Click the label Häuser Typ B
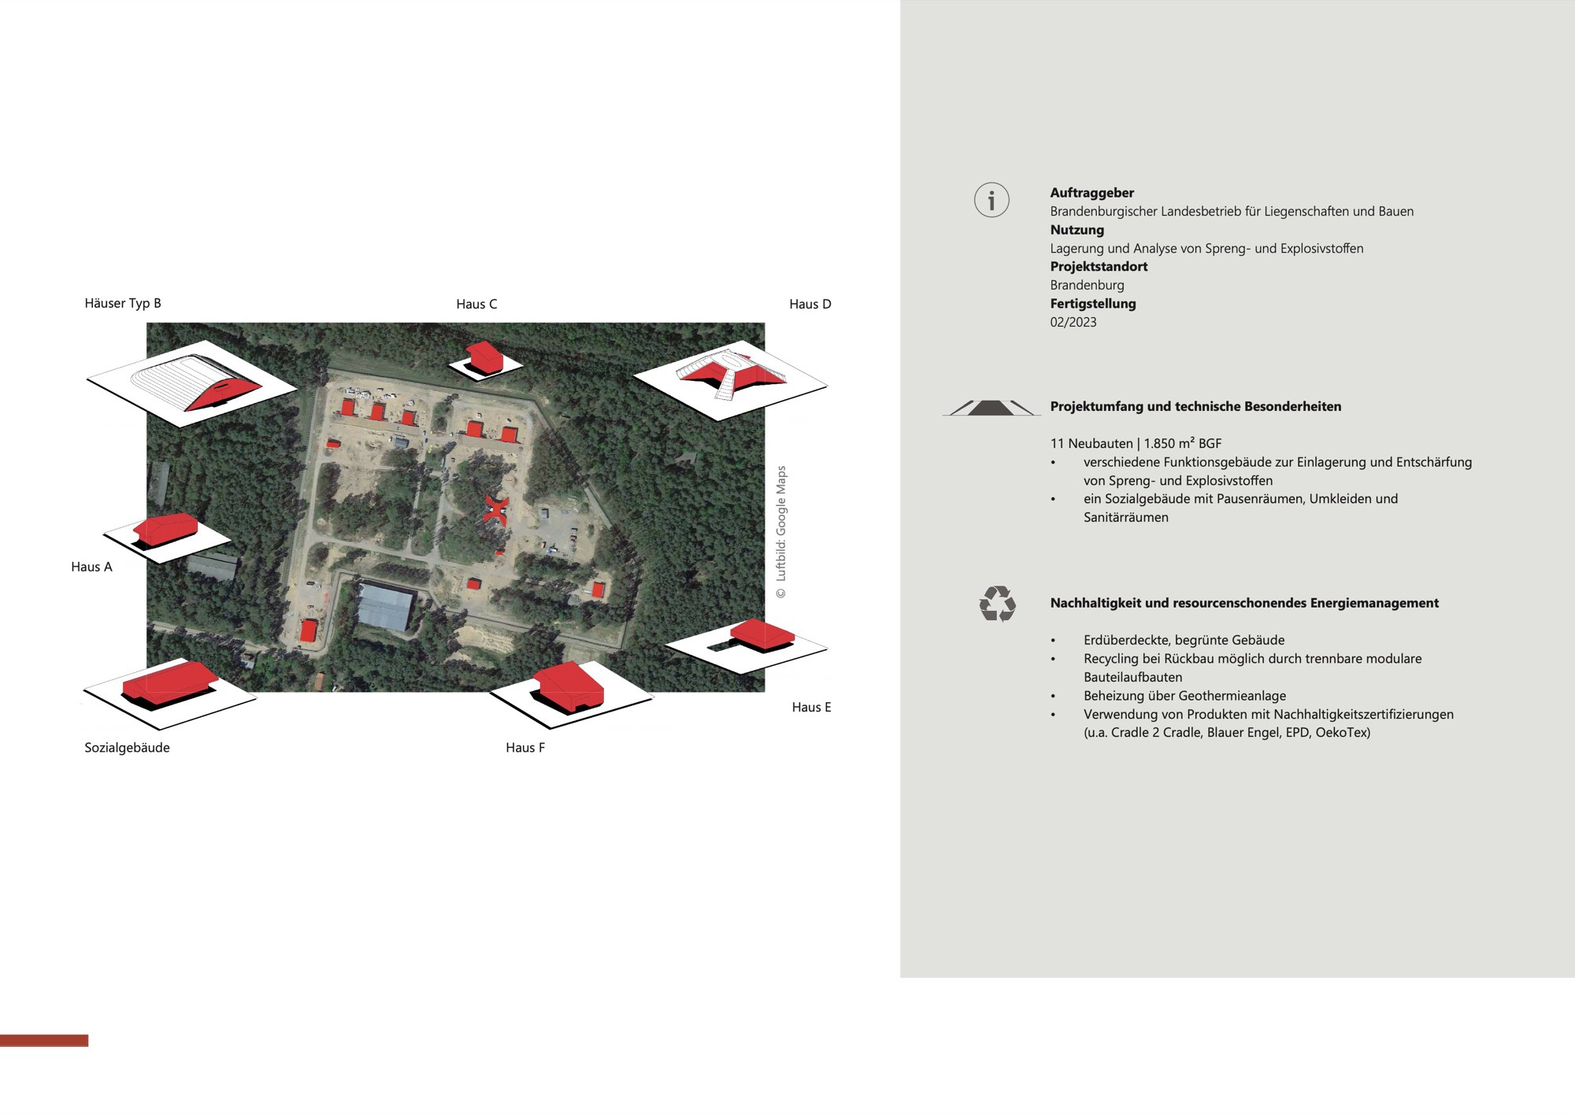123,303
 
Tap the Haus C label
476,304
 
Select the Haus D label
810,304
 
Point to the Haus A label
91,567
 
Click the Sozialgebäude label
127,748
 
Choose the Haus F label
525,748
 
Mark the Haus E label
811,707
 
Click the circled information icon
991,200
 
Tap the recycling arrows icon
997,604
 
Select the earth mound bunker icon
991,408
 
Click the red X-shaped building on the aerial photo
496,510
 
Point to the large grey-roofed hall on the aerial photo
385,606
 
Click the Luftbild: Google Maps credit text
781,532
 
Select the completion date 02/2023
1073,322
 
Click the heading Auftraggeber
1091,193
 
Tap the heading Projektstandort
1099,267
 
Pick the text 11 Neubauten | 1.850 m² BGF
1136,443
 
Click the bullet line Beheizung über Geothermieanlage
1184,696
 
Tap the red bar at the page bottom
44,1041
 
